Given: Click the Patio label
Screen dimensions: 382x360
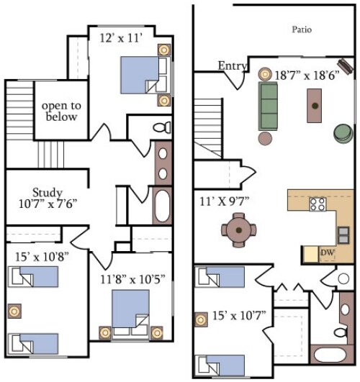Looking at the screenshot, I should [x=302, y=29].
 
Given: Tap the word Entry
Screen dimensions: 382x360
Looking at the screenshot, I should [x=232, y=66].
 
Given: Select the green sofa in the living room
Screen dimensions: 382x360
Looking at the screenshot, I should [x=269, y=105].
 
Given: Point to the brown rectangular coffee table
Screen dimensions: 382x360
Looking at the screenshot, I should [x=315, y=106].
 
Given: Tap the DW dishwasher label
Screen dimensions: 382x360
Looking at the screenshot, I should [x=326, y=253].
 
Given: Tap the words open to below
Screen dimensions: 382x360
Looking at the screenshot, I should [x=61, y=112].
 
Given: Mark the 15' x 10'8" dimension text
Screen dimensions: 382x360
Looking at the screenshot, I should [x=41, y=255].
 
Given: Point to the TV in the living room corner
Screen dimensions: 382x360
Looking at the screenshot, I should [x=346, y=66].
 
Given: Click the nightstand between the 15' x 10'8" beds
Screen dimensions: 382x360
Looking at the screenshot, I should [x=12, y=310].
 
